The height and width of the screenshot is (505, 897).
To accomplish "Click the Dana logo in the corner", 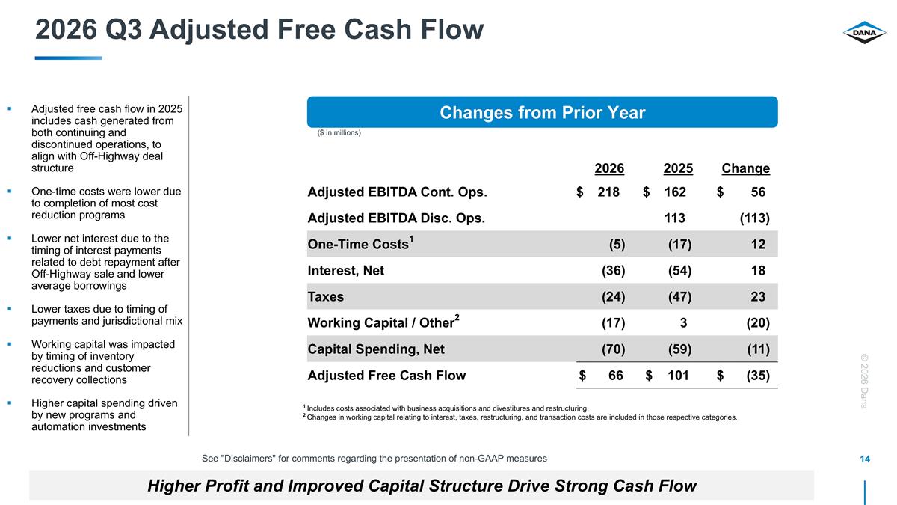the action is click(864, 32).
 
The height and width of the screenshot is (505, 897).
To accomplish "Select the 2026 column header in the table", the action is click(609, 168).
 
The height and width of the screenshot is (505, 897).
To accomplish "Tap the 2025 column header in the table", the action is click(678, 168).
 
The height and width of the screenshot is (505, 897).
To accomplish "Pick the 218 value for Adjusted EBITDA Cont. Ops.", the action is click(608, 192).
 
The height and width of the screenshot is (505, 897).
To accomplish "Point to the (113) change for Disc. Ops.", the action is click(754, 218).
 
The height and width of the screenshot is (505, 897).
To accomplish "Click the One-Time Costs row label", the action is click(360, 244).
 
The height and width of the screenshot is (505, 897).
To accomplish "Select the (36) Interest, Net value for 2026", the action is click(613, 271).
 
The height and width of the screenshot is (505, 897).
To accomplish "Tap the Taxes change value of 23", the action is click(758, 296).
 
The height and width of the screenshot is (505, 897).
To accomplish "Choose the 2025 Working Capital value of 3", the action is click(683, 322).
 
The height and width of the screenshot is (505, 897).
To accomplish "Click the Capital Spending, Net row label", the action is click(375, 349).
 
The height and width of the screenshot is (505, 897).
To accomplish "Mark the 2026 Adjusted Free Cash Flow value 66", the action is click(615, 375).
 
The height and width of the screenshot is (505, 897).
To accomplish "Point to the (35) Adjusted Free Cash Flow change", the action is click(758, 376).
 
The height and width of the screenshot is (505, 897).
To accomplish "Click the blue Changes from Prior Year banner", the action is click(542, 112).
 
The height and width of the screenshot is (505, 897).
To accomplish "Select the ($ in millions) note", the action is click(339, 132).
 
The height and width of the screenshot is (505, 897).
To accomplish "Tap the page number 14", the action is click(865, 459).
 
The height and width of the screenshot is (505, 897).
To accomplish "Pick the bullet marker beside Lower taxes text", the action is click(10, 309).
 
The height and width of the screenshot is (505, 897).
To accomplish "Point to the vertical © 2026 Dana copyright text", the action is click(864, 381).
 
